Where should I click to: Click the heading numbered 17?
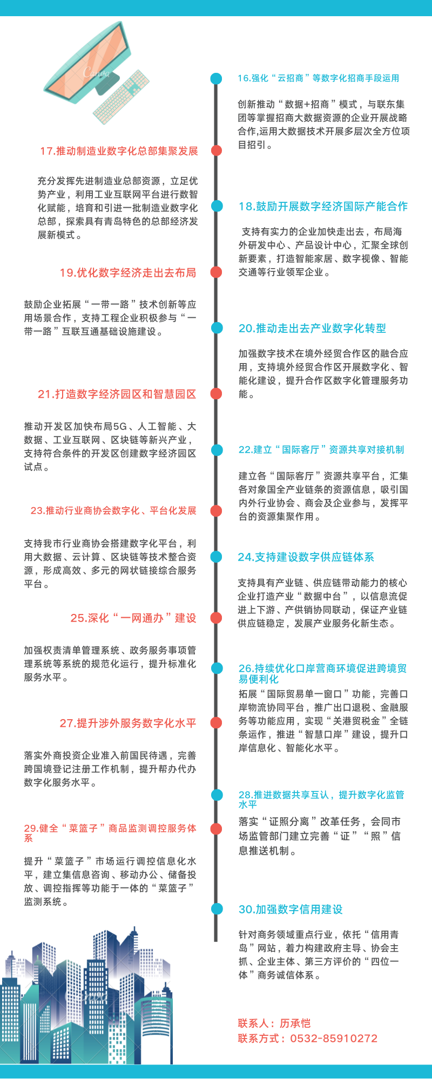pos(119,151)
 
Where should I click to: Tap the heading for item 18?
pos(323,206)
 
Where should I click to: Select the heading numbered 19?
pos(128,272)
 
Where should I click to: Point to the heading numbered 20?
pos(312,328)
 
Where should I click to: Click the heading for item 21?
pos(117,394)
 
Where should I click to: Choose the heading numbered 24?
pos(306,557)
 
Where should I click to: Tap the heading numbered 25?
pos(133,618)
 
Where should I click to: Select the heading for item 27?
pos(128,723)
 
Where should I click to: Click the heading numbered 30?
pos(291,909)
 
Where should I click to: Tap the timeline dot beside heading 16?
pos(216,79)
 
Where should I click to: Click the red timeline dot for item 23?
pos(216,511)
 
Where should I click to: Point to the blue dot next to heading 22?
pos(216,450)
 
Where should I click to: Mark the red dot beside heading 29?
pos(216,829)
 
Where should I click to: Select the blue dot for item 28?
pos(216,795)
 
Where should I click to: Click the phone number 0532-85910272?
pos(334,1039)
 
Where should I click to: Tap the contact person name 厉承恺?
pos(295,1023)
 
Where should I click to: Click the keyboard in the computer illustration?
pos(122,97)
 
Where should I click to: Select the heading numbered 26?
pos(323,673)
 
